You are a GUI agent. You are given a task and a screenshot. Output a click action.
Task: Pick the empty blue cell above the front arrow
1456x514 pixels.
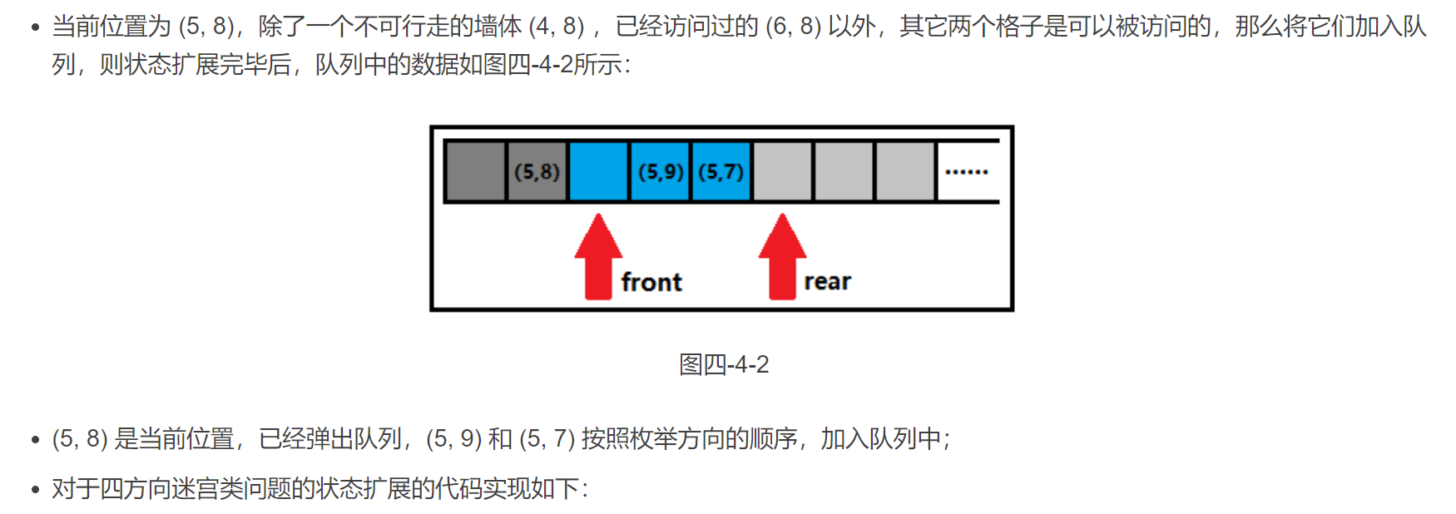coord(598,171)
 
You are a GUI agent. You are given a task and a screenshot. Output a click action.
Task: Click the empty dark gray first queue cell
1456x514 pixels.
coord(475,171)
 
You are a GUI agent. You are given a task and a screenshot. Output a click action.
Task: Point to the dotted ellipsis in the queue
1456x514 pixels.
coord(966,172)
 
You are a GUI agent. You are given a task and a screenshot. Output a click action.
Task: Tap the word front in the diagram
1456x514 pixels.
coord(651,283)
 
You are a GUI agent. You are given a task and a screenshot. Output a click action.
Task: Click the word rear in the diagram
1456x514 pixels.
coord(827,283)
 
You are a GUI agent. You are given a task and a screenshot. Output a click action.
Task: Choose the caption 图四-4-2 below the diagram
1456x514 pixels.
coord(724,364)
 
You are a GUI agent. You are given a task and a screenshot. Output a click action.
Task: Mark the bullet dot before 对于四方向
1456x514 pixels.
coord(35,489)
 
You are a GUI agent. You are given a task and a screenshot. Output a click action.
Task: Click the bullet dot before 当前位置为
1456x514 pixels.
coord(35,27)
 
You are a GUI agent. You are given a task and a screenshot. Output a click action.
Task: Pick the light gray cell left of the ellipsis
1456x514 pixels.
coord(905,171)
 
